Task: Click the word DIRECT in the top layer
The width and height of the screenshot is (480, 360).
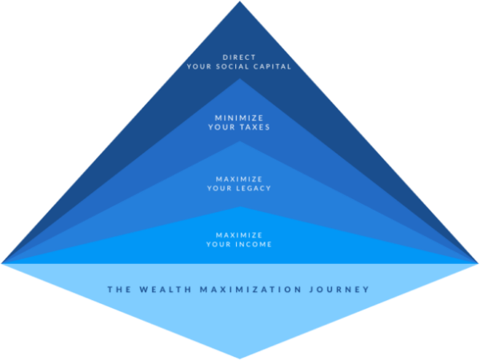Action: click(x=240, y=57)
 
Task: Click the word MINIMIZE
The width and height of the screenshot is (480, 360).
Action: click(x=240, y=117)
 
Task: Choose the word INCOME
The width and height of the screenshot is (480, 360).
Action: click(x=254, y=244)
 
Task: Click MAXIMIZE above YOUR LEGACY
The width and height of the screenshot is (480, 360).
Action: click(x=240, y=178)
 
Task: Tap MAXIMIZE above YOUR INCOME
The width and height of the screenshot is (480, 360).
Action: click(x=240, y=234)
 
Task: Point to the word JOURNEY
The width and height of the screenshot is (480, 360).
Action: click(x=342, y=289)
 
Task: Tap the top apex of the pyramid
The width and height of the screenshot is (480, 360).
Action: click(x=240, y=2)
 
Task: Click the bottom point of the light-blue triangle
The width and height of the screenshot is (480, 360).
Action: click(x=240, y=358)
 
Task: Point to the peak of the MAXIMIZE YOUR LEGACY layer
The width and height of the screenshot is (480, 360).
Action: click(x=240, y=142)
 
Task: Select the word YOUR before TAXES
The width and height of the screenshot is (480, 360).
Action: click(x=222, y=126)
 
